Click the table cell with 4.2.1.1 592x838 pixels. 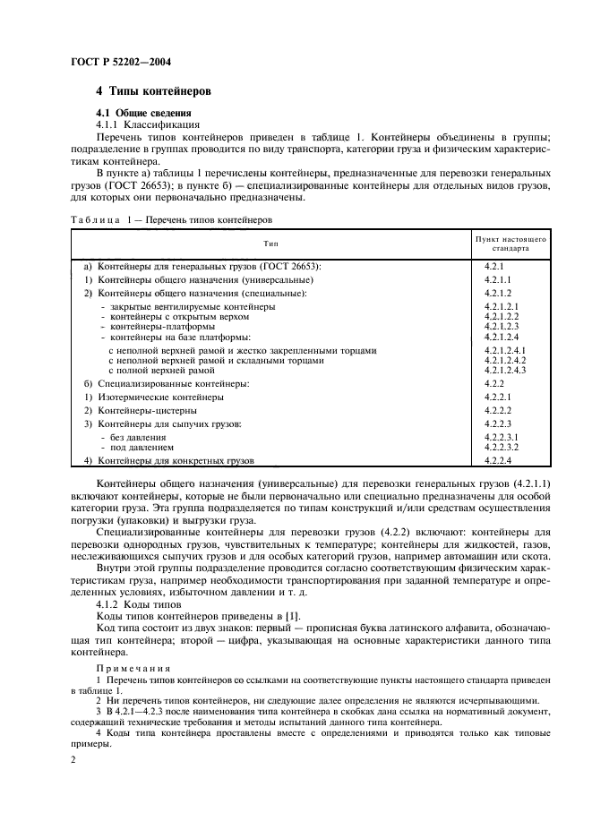(x=500, y=279)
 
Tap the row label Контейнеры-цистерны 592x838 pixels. (x=142, y=409)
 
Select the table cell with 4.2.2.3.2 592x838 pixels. (x=503, y=446)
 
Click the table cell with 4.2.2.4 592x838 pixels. (x=498, y=460)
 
